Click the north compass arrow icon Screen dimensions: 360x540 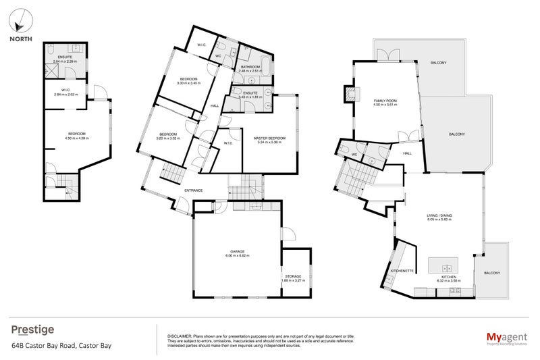point(20,20)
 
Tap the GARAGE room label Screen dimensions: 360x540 point(237,253)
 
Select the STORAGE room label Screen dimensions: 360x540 point(295,276)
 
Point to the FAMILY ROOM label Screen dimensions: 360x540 point(385,101)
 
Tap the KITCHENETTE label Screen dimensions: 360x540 point(402,270)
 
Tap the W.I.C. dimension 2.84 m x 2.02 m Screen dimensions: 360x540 point(65,95)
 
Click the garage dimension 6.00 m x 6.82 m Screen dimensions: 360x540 point(237,257)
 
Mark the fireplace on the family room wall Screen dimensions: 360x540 point(350,94)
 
